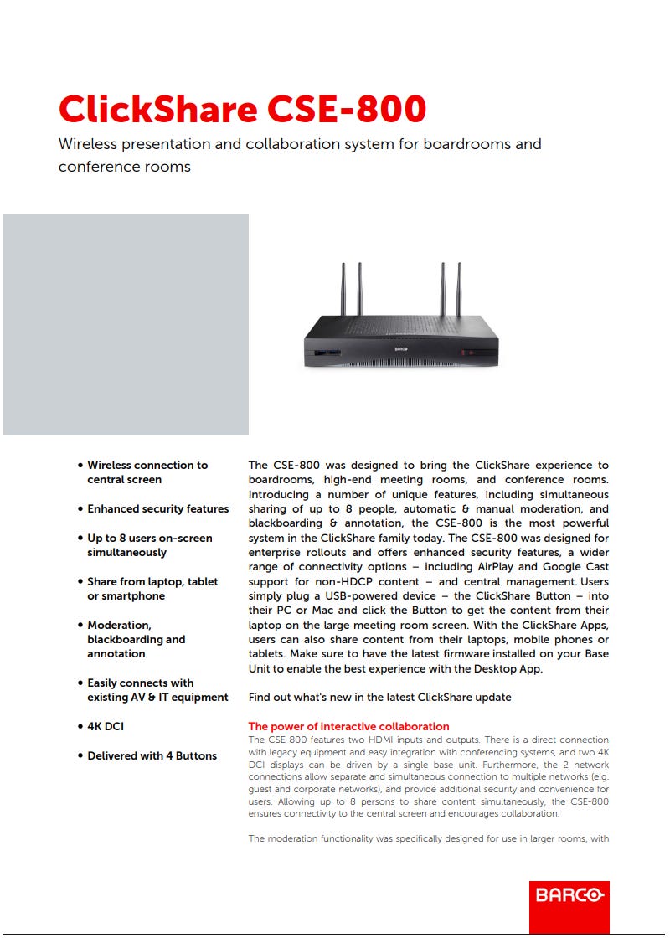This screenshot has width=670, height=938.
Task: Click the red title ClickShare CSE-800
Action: pyautogui.click(x=242, y=110)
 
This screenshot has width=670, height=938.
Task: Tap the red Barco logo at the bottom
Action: pyautogui.click(x=569, y=895)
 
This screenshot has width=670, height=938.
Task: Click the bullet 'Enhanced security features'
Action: pyautogui.click(x=157, y=508)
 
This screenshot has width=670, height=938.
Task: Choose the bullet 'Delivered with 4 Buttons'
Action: pyautogui.click(x=152, y=755)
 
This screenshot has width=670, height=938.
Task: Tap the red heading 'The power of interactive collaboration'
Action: pyautogui.click(x=348, y=726)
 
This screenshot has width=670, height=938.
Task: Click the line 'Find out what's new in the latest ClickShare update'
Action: pyautogui.click(x=379, y=697)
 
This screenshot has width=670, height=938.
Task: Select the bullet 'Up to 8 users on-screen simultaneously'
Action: pyautogui.click(x=149, y=545)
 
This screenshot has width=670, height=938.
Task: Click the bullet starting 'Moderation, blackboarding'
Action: pyautogui.click(x=136, y=639)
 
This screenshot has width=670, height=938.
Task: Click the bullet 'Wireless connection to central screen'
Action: pyautogui.click(x=147, y=472)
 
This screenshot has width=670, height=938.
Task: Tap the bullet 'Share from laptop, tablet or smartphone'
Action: pyautogui.click(x=152, y=589)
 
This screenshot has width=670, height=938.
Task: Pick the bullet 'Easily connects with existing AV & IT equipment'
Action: pyautogui.click(x=157, y=690)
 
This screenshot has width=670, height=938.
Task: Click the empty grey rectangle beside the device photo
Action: pyautogui.click(x=126, y=325)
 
